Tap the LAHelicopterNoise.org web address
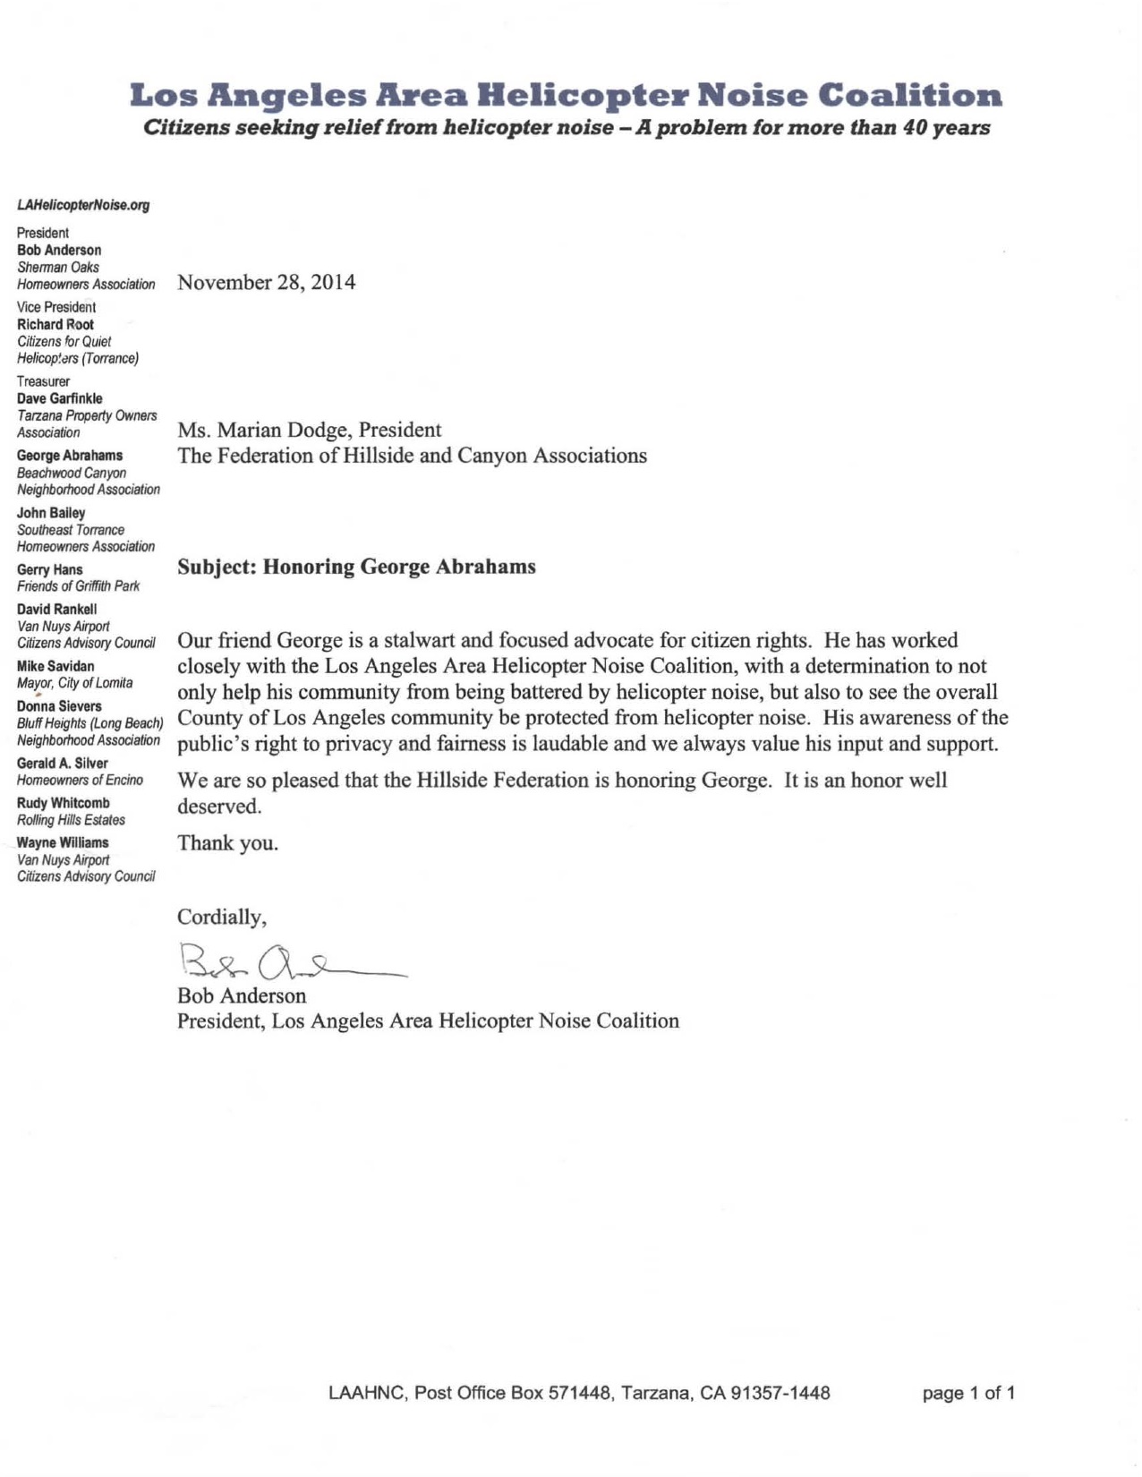[x=83, y=205]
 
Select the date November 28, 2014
[x=266, y=283]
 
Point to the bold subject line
[x=356, y=568]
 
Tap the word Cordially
[x=220, y=918]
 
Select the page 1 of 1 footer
[x=968, y=1394]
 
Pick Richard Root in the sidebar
[x=55, y=325]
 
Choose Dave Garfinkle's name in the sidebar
[x=60, y=399]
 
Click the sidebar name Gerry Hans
[x=50, y=570]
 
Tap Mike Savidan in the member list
[x=55, y=667]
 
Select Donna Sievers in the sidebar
[x=59, y=707]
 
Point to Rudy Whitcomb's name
[x=64, y=804]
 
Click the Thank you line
[x=227, y=843]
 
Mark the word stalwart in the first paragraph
[x=420, y=641]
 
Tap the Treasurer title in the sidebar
[x=43, y=382]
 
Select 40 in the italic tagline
[x=912, y=128]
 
